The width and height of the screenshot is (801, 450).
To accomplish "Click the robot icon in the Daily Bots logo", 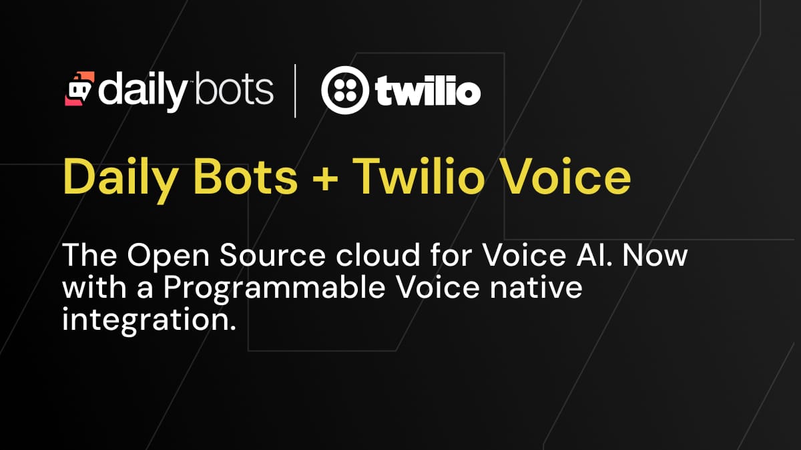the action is (79, 89).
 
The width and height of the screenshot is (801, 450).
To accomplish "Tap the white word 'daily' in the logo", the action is (143, 91).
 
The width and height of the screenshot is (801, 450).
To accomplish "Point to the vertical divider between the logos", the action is (295, 91).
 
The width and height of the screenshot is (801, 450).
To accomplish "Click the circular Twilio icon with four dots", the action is (344, 90).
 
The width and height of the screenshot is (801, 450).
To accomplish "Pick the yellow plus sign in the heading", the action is (325, 179).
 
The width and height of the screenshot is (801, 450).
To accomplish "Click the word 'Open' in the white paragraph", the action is (168, 258).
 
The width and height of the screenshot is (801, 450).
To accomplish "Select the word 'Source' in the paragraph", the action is (272, 255).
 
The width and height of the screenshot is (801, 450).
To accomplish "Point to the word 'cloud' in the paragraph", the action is (378, 254).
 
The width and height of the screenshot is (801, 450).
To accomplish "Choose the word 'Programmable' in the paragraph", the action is (274, 290).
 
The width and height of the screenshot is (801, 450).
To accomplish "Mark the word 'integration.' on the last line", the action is (149, 320).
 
